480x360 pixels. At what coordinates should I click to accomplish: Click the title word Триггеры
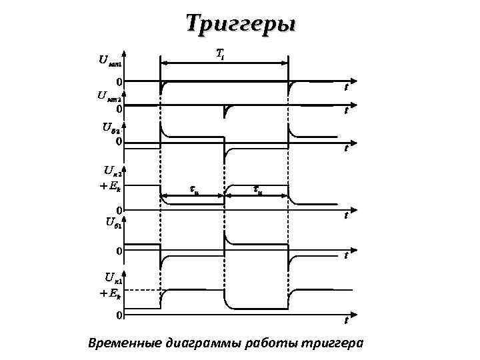click(x=239, y=24)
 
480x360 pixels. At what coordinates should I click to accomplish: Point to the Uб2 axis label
click(x=110, y=127)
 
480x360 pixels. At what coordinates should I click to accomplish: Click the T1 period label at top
click(x=220, y=53)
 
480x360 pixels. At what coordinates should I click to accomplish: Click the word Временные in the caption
click(x=123, y=343)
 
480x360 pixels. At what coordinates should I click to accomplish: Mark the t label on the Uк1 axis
click(x=347, y=320)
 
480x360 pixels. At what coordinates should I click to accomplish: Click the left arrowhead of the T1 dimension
click(x=165, y=63)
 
